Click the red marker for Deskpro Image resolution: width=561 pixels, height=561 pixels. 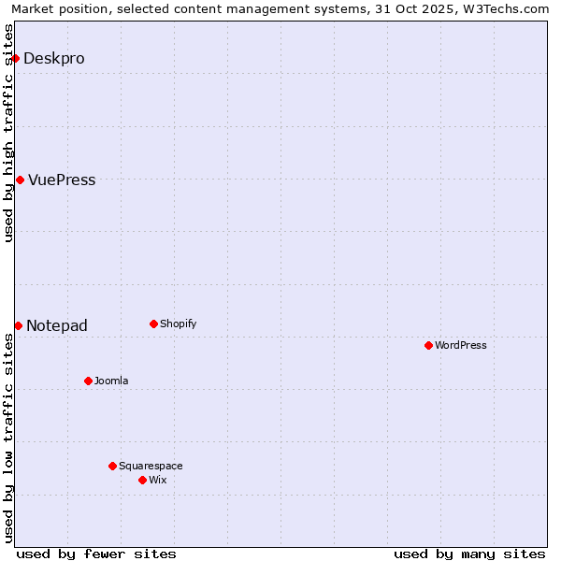15,58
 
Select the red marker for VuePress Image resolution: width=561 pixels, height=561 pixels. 20,180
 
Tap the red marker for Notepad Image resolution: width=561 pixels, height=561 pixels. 18,325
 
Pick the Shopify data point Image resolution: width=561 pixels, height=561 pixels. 153,324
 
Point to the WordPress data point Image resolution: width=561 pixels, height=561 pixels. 428,345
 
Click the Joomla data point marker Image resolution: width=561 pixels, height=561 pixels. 88,381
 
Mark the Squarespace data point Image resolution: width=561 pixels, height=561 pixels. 112,466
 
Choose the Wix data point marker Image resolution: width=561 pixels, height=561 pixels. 142,480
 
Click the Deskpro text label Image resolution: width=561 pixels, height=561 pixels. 54,58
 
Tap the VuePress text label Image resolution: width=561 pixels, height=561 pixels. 62,180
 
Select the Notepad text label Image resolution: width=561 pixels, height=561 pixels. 57,325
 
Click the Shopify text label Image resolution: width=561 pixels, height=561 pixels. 179,324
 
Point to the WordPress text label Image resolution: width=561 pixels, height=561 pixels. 461,345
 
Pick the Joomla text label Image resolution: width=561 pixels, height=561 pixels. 111,381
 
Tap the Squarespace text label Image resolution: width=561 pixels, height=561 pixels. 151,466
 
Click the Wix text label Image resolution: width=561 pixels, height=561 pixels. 158,480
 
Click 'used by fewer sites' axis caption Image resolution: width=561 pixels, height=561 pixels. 96,554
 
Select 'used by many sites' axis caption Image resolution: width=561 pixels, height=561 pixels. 469,554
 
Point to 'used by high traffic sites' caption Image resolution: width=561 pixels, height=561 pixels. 8,133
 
